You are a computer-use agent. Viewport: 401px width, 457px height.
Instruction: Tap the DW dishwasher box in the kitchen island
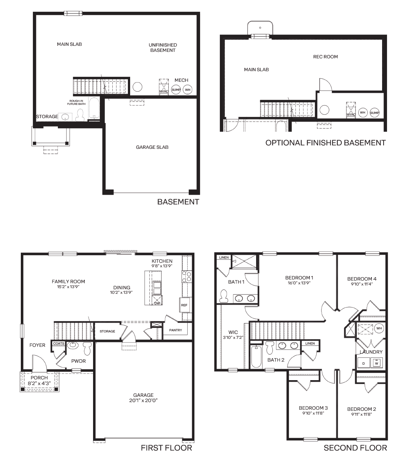(157, 300)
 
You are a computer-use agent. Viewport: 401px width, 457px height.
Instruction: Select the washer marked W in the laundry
(376, 363)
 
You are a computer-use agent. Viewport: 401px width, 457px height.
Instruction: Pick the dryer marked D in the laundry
(364, 363)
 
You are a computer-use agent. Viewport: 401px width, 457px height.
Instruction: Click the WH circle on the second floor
(379, 328)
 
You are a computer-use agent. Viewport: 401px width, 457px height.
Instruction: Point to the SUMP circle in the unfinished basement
(176, 90)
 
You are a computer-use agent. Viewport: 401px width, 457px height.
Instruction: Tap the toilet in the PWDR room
(87, 348)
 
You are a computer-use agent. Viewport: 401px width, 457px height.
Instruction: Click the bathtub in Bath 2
(256, 356)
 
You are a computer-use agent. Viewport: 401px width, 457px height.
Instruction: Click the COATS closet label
(59, 343)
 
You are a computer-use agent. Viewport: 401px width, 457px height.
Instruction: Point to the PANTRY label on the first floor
(176, 330)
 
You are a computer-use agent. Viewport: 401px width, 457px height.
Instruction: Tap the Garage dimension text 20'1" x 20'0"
(143, 400)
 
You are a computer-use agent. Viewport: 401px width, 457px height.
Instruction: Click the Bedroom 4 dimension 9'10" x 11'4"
(362, 284)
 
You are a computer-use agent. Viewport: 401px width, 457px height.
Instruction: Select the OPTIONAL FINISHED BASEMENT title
(325, 143)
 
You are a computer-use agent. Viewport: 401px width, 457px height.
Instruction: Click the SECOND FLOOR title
(355, 448)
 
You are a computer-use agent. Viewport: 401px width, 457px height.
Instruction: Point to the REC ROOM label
(325, 57)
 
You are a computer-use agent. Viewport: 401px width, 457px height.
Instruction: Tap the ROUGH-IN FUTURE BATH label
(76, 102)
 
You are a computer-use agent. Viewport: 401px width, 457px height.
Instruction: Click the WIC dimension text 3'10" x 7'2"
(233, 337)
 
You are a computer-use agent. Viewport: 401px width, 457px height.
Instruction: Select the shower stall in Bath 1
(244, 262)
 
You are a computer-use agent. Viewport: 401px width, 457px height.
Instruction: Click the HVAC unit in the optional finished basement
(351, 110)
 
